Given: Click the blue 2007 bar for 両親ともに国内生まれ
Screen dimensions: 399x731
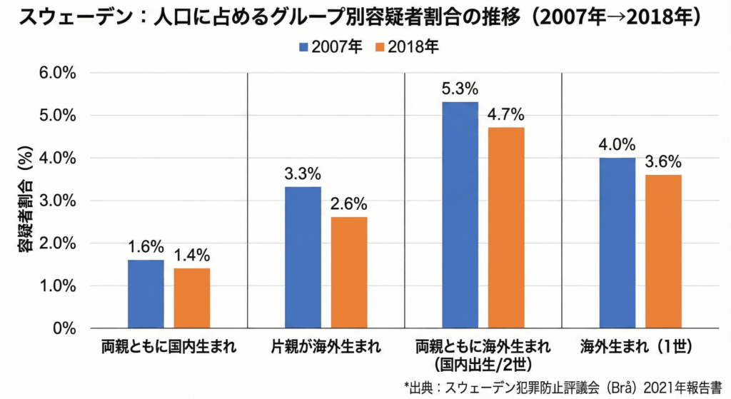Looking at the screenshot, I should (x=146, y=294).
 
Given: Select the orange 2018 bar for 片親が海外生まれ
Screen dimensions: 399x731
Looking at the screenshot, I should (x=349, y=273).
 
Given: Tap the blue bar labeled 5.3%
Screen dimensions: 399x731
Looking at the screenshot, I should (x=460, y=215).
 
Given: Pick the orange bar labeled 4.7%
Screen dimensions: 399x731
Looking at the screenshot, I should (x=506, y=228).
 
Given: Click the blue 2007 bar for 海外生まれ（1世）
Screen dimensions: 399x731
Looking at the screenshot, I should (x=617, y=243).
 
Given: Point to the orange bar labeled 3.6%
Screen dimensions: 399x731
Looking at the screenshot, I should (x=663, y=251).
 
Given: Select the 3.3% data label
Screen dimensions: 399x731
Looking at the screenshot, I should (x=303, y=174).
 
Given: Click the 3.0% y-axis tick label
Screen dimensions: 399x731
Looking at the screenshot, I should (x=49, y=201).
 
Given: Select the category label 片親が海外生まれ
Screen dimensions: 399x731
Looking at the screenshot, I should (x=326, y=348).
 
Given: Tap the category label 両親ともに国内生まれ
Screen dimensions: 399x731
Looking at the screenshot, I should (x=168, y=348).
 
